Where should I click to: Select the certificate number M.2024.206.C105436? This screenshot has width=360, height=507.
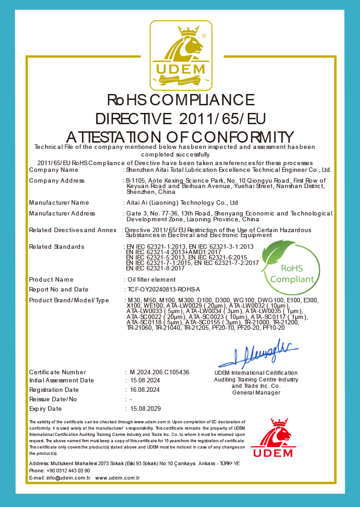pos(159,372)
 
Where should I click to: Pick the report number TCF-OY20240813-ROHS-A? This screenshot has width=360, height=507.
pos(164,290)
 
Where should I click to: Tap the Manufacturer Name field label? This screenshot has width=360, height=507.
pos(59,203)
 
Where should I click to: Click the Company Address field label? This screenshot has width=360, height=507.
pos(57,181)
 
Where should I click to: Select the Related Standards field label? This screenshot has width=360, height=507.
pos(57,247)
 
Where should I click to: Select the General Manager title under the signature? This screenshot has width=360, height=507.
pos(256,393)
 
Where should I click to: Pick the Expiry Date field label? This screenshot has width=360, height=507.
pos(45,409)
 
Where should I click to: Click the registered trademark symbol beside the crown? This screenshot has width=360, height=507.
pos(203,35)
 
